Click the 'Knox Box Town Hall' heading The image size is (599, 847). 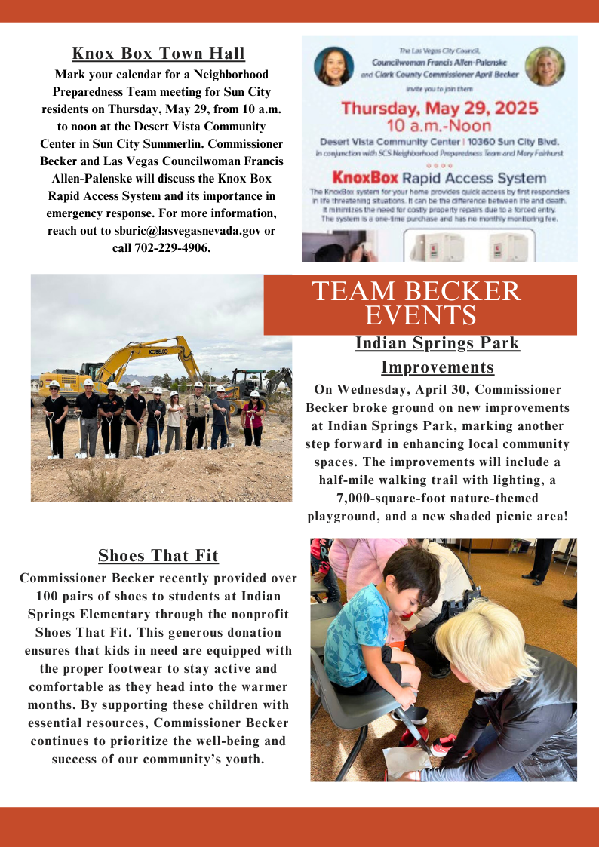158,54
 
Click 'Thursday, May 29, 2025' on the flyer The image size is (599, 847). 439,108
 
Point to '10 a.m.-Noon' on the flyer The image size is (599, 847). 438,126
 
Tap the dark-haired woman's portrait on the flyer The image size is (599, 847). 333,66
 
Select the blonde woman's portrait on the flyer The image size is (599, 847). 544,66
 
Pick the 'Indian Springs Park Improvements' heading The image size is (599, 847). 437,355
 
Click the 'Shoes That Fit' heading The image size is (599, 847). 158,557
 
